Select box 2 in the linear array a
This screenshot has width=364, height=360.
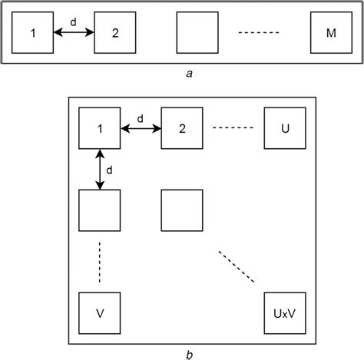(x=114, y=33)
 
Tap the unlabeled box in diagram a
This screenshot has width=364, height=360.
(x=197, y=33)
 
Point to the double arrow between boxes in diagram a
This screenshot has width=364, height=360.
(x=73, y=32)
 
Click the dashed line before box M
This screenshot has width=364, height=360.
(x=258, y=33)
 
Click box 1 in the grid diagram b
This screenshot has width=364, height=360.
(x=100, y=127)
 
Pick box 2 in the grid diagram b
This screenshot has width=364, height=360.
(x=181, y=127)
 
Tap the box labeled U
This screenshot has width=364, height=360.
(x=284, y=127)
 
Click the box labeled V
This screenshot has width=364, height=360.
(x=100, y=312)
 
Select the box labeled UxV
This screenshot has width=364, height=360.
(x=284, y=312)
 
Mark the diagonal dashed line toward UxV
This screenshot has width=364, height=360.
(x=237, y=266)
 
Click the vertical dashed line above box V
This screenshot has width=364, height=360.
(x=100, y=263)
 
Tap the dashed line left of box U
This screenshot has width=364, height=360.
(x=233, y=127)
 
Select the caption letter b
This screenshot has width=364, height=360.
(x=189, y=354)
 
